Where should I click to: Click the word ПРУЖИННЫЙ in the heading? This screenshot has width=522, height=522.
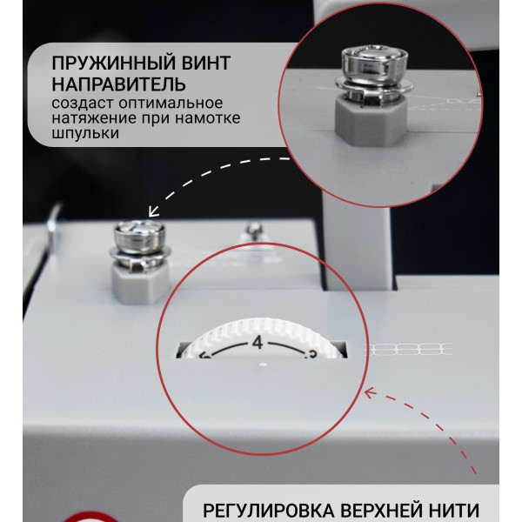click(x=109, y=64)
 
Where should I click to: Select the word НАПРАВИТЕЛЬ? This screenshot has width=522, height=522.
click(x=118, y=84)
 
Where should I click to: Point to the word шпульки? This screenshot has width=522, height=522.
click(x=85, y=134)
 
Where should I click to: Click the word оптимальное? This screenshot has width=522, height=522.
click(x=171, y=104)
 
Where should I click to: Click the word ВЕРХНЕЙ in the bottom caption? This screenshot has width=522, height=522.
click(x=378, y=511)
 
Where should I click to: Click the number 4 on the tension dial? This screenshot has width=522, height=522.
click(x=258, y=343)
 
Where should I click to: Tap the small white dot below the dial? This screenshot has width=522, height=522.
click(x=264, y=365)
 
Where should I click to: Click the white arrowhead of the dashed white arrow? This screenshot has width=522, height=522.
click(x=153, y=211)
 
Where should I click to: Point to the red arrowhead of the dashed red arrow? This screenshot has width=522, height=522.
click(x=371, y=392)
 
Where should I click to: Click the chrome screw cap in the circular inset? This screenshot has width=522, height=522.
click(x=374, y=65)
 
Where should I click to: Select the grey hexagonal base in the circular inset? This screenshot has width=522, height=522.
click(x=371, y=121)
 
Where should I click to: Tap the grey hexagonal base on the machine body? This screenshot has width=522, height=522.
click(x=140, y=282)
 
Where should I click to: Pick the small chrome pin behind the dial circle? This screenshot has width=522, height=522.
click(x=254, y=231)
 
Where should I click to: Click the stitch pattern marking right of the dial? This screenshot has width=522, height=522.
click(x=410, y=350)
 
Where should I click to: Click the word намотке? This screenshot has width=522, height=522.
click(x=208, y=118)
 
